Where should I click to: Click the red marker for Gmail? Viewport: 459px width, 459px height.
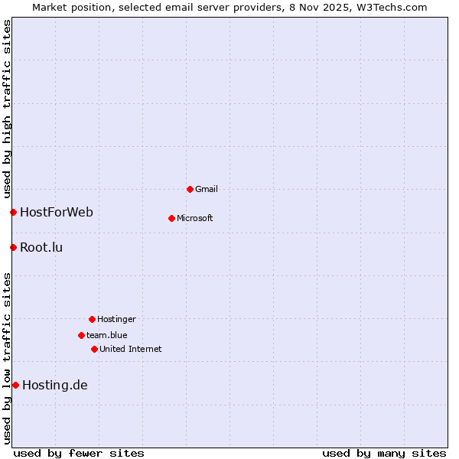pos(190,189)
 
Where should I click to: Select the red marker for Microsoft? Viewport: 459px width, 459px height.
pos(171,218)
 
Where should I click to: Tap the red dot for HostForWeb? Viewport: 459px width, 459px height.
pos(13,212)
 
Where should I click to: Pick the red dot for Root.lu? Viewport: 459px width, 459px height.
pos(13,247)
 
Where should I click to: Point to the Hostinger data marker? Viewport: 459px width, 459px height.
pos(92,319)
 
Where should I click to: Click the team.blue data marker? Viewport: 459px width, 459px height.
pos(81,335)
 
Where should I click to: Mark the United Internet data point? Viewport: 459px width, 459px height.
pos(94,349)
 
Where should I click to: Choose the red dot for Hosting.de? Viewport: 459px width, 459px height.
pos(15,385)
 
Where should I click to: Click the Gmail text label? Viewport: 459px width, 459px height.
pos(207,189)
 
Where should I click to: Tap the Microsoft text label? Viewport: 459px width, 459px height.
pos(195,218)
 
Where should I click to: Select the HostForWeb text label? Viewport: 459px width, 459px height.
pos(57,212)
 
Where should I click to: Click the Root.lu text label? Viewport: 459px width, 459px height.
pos(41,247)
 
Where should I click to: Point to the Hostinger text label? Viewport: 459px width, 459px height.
pos(116,319)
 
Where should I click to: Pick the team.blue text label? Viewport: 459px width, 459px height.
pos(107,335)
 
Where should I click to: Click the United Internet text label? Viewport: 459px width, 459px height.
pos(131,349)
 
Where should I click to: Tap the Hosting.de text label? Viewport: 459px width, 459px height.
pos(55,385)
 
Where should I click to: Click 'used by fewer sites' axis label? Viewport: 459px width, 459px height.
pos(79,453)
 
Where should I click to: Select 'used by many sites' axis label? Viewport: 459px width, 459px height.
pos(384,453)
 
